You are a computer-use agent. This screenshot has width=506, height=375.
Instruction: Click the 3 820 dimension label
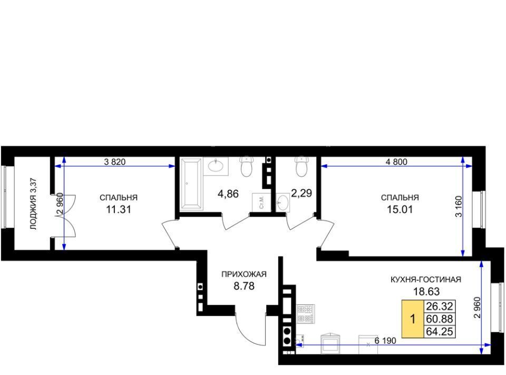(x=114, y=162)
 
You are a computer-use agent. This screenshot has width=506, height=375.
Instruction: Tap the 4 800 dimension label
(x=396, y=162)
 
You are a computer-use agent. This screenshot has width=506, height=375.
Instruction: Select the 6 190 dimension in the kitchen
(x=385, y=341)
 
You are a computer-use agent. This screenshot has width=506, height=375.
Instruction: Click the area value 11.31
(x=119, y=210)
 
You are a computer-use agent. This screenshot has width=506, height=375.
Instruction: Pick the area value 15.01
(x=400, y=210)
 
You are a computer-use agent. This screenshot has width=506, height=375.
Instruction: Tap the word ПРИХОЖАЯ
(x=244, y=275)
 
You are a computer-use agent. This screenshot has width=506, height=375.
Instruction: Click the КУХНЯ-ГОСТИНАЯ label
(x=426, y=279)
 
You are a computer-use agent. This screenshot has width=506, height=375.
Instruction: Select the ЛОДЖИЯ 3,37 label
(x=34, y=204)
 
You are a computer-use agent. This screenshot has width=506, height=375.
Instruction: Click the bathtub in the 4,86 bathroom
(x=191, y=184)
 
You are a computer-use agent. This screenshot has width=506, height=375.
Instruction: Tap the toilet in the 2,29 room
(x=302, y=166)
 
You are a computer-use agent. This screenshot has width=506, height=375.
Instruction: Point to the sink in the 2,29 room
(x=283, y=202)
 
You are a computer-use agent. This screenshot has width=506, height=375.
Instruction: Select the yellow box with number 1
(x=412, y=319)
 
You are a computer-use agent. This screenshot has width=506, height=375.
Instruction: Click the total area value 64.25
(x=440, y=331)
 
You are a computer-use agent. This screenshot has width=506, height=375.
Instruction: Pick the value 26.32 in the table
(x=440, y=306)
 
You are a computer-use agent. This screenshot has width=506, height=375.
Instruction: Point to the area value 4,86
(x=228, y=194)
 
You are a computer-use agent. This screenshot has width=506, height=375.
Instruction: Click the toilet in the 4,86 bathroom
(x=247, y=166)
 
